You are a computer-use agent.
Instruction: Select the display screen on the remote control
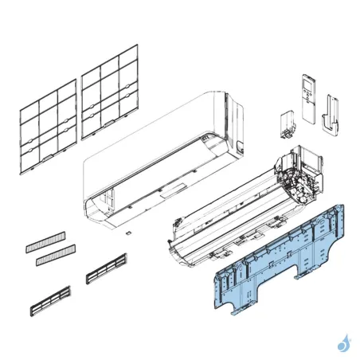click(309, 83)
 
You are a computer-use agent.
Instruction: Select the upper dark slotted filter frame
click(106, 268)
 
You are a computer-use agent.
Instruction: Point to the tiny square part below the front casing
click(126, 233)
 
